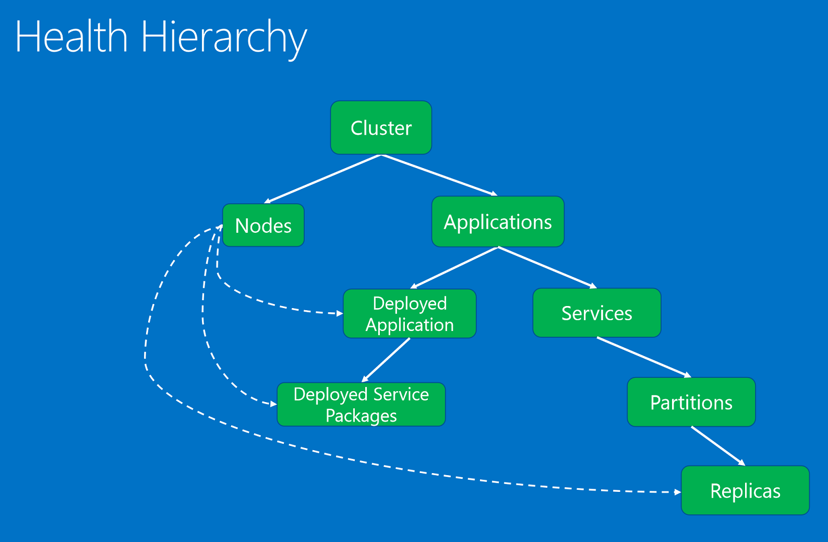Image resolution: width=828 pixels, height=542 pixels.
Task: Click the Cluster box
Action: [x=381, y=128]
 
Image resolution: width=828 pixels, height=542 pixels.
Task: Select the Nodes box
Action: [x=263, y=226]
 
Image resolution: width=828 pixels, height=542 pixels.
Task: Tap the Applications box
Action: [x=498, y=222]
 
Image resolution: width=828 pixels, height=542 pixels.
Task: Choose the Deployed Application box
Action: [x=410, y=314]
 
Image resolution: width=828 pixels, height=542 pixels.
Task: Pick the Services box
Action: [x=596, y=313]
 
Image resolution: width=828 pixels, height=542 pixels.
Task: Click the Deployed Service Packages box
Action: [x=361, y=405]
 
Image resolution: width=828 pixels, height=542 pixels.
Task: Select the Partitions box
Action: [x=691, y=403]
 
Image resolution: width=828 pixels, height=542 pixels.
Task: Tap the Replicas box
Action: [x=745, y=491]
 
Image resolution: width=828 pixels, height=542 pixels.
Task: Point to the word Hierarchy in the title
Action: [x=224, y=38]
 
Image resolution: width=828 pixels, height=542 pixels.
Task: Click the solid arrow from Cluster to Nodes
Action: [x=323, y=179]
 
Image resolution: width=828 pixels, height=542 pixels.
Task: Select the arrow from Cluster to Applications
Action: [x=439, y=175]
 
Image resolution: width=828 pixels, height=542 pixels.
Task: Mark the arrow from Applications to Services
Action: [x=547, y=267]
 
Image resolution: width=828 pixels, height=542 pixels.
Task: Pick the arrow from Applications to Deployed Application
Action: [x=454, y=267]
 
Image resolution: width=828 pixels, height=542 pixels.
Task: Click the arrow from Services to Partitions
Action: [x=644, y=357]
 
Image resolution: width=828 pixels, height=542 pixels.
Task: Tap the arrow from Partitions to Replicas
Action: [x=718, y=446]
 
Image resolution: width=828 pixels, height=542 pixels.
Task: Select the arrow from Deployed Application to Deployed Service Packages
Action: [x=386, y=360]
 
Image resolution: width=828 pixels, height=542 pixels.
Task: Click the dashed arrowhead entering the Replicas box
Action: [x=677, y=492]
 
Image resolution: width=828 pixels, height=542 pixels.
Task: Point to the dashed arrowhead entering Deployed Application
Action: [x=340, y=313]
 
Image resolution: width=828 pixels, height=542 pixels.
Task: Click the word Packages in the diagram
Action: [x=361, y=416]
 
